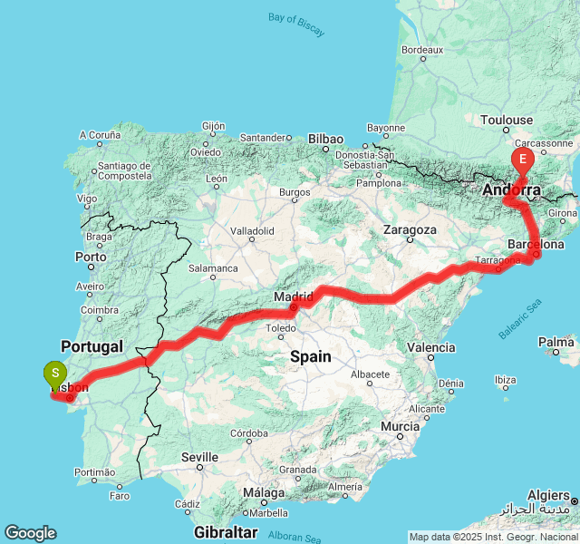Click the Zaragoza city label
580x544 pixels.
point(410,230)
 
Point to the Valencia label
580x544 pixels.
point(431,347)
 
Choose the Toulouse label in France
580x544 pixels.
point(507,120)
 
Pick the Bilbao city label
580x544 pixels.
point(325,139)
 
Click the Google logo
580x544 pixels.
point(30,532)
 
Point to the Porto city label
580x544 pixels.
point(91,257)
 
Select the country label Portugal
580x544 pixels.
point(92,346)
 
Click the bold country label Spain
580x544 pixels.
point(311,357)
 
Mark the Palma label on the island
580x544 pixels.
point(556,342)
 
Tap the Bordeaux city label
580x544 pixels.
point(421,49)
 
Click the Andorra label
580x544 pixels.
point(512,190)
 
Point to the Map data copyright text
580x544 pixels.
point(493,537)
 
